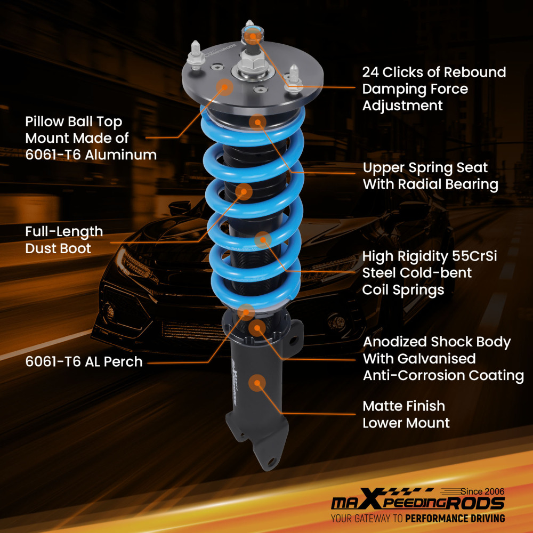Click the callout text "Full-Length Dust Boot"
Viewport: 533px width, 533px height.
(x=63, y=240)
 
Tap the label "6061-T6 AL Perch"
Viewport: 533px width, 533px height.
(x=84, y=361)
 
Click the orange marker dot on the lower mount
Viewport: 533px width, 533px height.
(x=259, y=383)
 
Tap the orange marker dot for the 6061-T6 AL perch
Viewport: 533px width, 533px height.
(x=246, y=311)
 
